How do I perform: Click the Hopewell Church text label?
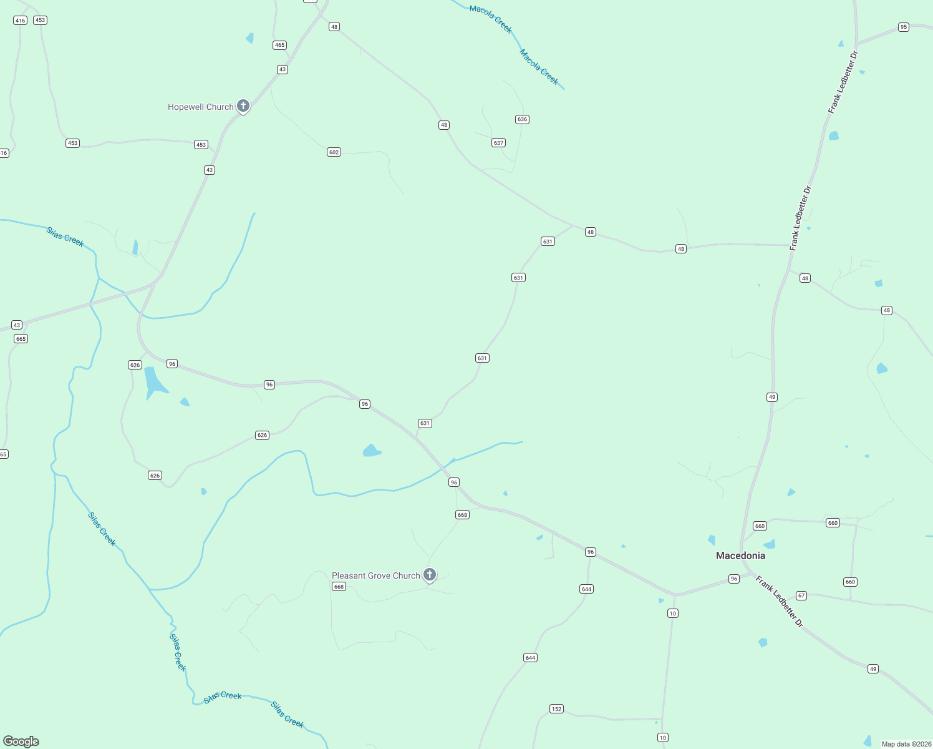point(200,107)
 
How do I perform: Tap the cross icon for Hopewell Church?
point(243,106)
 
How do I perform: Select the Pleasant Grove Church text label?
point(375,576)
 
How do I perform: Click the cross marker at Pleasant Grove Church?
point(429,574)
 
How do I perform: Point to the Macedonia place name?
point(740,556)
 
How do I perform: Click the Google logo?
point(21,742)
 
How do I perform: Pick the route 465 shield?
point(279,45)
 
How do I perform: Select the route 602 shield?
point(334,152)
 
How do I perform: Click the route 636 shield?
point(522,119)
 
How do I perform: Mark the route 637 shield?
point(498,143)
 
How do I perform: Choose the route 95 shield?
point(904,27)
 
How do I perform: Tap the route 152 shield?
point(556,709)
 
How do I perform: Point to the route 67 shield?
point(801,595)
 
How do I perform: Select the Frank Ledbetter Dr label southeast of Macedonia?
point(780,602)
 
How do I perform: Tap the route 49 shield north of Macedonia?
point(772,397)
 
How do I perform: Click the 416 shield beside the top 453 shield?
point(20,21)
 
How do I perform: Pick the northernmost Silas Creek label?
point(65,237)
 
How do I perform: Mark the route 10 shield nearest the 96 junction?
point(672,614)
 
